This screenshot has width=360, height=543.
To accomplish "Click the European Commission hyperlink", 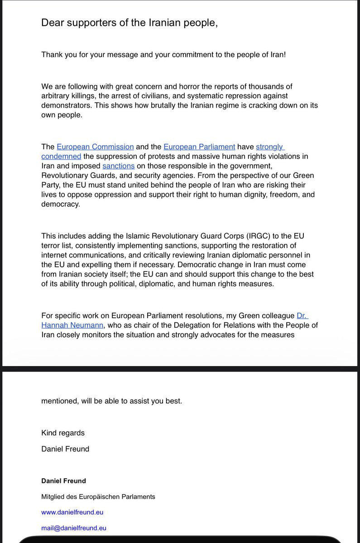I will (x=95, y=147).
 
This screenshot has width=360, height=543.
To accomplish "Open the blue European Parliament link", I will (x=199, y=147).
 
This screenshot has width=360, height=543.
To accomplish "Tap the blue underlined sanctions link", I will (x=119, y=166).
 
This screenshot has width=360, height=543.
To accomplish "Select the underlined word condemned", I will (x=61, y=156).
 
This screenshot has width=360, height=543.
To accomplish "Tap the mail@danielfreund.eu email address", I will (x=74, y=528).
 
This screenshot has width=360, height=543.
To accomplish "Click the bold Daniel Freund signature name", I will (x=63, y=481).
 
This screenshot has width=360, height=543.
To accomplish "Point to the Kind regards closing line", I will (x=63, y=433).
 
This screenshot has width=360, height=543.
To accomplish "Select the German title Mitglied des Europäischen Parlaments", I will (x=98, y=496).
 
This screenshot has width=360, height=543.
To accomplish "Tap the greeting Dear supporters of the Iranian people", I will (x=130, y=23).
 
